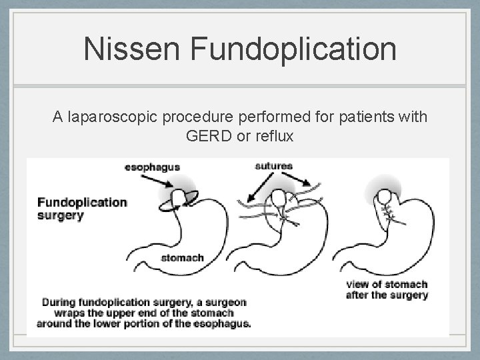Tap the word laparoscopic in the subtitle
pos(120,118)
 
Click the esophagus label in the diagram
pos(152,167)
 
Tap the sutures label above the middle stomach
pos(273,165)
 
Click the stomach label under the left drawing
pos(182,258)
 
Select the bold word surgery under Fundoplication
pos(61,215)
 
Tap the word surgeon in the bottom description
pos(225,302)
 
